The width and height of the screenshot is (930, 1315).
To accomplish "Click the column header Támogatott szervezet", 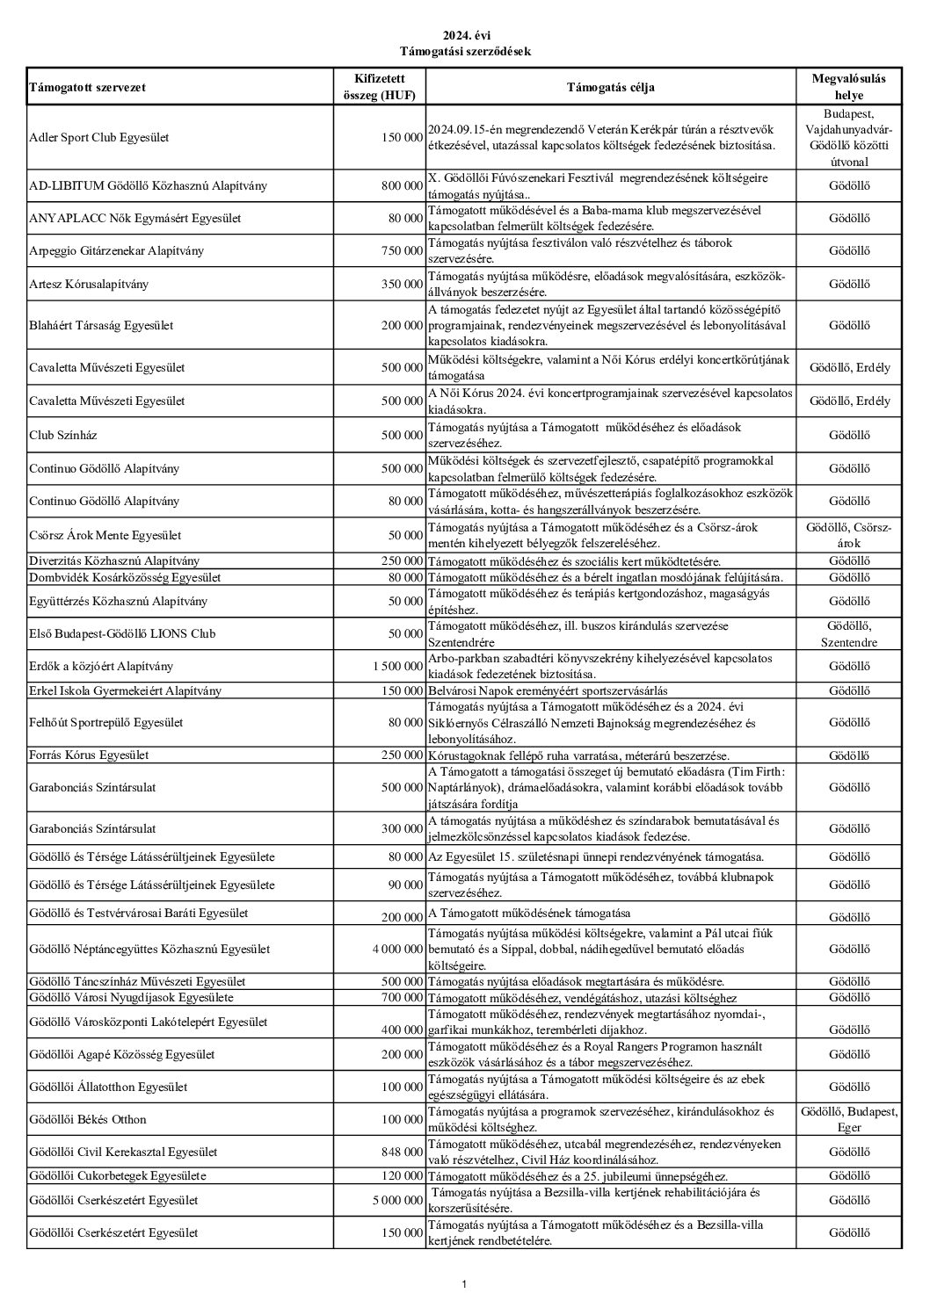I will [x=88, y=88].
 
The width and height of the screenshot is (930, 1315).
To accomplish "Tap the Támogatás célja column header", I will [x=610, y=88].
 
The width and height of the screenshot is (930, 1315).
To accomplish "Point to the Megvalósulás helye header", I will [x=849, y=88].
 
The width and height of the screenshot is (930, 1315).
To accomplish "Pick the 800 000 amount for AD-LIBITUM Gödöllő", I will [x=402, y=186].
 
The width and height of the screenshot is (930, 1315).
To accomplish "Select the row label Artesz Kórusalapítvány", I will [x=89, y=284].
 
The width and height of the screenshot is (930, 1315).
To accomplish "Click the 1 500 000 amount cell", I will [x=397, y=667].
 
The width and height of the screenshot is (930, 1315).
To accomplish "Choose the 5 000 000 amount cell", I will [x=397, y=1201].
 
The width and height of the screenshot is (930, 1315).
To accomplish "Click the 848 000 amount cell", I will [x=402, y=1152].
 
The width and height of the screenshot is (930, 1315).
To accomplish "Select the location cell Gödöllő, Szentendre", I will [x=849, y=634].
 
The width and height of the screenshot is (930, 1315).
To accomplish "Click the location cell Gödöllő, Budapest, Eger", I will [x=849, y=1120].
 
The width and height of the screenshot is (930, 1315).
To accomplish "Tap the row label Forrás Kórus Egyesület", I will [x=89, y=755].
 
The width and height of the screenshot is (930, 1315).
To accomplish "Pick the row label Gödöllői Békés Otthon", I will [x=88, y=1120].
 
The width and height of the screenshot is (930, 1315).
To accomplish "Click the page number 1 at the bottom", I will [x=464, y=1285].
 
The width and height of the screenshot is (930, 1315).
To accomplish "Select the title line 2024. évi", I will [x=464, y=36].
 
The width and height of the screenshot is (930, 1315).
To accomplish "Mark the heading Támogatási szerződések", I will [x=464, y=52].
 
